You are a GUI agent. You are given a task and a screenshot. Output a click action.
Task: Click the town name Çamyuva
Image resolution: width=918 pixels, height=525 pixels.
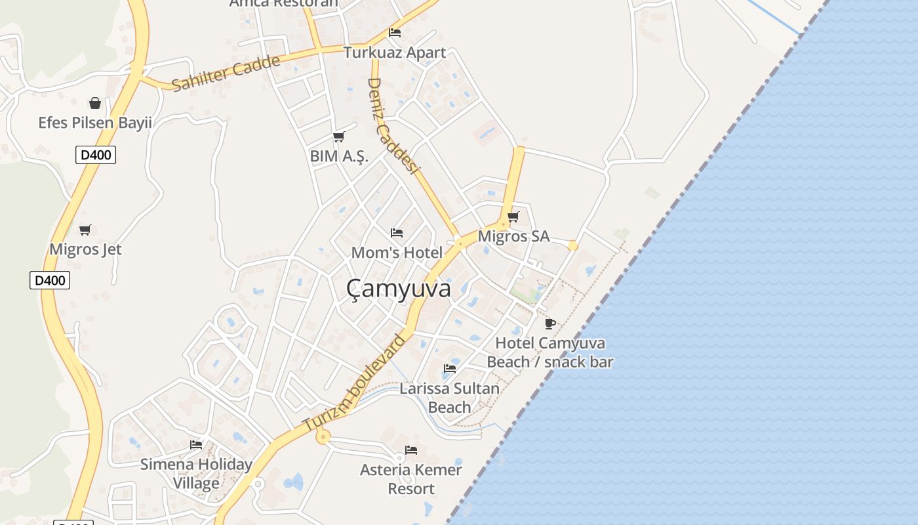[x=398, y=289]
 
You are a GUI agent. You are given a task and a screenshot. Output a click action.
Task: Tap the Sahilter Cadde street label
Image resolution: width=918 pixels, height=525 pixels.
[x=226, y=72]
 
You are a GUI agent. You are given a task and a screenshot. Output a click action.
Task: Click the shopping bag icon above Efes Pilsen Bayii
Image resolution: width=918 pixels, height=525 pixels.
[x=95, y=103]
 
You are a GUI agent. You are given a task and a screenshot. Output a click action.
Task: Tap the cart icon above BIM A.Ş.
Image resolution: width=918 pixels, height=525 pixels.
[x=338, y=136]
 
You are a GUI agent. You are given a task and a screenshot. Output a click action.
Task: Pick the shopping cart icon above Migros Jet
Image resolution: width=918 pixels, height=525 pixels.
[x=85, y=230]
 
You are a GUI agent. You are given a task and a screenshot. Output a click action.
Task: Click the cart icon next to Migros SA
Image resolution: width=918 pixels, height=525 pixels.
[x=513, y=217]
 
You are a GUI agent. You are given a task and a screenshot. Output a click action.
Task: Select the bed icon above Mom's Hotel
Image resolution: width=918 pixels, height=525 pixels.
[x=397, y=233]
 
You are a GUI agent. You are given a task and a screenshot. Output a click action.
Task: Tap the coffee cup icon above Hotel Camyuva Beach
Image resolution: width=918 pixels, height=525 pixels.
[x=550, y=324]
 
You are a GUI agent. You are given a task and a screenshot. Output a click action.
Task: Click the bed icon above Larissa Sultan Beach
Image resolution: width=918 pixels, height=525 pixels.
[x=450, y=369]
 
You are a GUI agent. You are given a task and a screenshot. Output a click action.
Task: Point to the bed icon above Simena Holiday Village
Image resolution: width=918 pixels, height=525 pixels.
[x=196, y=445]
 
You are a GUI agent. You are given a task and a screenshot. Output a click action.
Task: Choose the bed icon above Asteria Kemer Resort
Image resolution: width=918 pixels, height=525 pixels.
[x=411, y=450]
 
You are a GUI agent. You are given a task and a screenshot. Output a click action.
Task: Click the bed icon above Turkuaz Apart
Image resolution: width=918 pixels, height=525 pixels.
[x=395, y=33]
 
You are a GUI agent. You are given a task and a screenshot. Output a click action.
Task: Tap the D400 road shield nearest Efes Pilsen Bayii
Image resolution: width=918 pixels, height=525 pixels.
[x=96, y=156]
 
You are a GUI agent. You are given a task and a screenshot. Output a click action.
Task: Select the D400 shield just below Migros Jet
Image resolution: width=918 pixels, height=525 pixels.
[x=50, y=280]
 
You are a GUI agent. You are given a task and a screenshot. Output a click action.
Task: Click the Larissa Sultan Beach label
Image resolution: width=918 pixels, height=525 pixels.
[x=450, y=398]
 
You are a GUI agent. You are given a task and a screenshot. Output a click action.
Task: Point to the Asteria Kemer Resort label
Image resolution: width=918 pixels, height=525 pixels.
[x=411, y=479]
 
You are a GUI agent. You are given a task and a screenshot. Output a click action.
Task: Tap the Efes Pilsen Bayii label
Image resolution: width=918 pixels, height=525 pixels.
[x=95, y=123]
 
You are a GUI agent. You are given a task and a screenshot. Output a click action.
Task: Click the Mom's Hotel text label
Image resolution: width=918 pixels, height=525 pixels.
[x=397, y=253]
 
